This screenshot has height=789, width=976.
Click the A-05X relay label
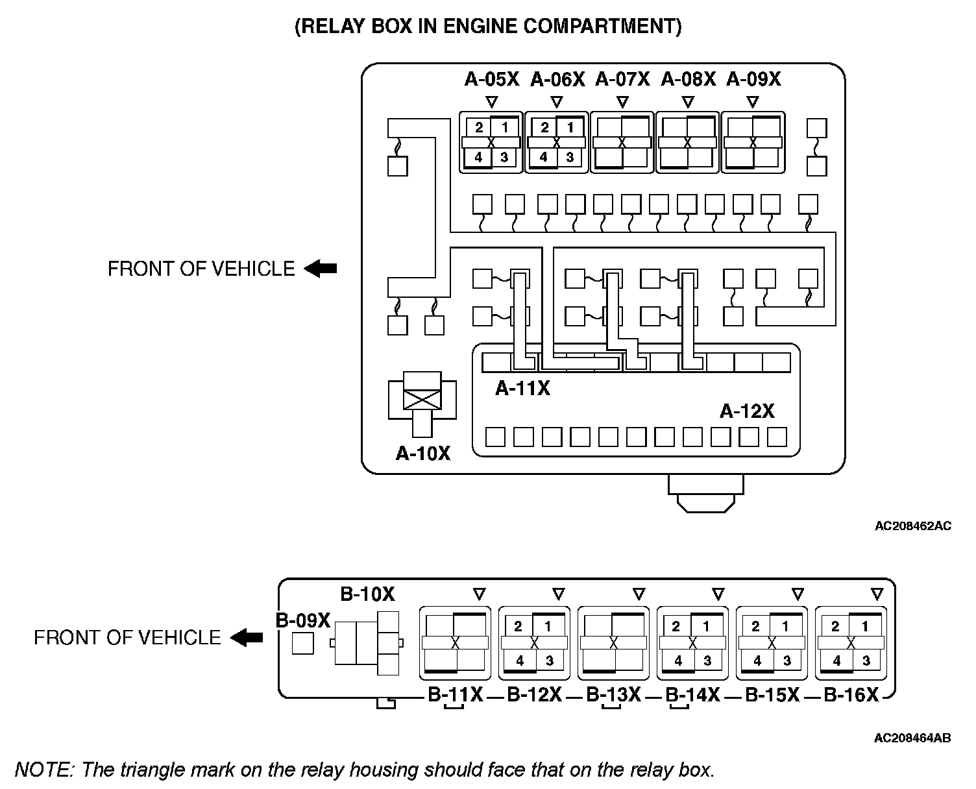(492, 79)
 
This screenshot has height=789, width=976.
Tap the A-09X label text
(753, 79)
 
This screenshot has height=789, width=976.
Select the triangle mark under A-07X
(622, 101)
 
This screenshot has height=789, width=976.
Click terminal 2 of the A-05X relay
(479, 127)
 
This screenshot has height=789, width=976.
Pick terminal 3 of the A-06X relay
(570, 157)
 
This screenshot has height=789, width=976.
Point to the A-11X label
(522, 388)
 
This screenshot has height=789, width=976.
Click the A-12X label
(747, 411)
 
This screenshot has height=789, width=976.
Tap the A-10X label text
(423, 453)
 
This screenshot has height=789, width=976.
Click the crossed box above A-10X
(422, 400)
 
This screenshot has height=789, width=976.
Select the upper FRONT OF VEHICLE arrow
(321, 269)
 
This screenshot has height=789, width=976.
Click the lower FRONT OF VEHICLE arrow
(247, 637)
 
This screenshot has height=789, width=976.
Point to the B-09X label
(303, 620)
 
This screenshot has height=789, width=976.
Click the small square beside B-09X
(303, 643)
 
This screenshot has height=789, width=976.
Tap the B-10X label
(367, 594)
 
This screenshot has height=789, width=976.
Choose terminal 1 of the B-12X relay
(547, 626)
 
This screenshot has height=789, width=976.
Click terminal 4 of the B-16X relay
(836, 661)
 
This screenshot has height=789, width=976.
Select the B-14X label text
(693, 695)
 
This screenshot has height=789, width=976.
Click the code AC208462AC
(913, 526)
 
